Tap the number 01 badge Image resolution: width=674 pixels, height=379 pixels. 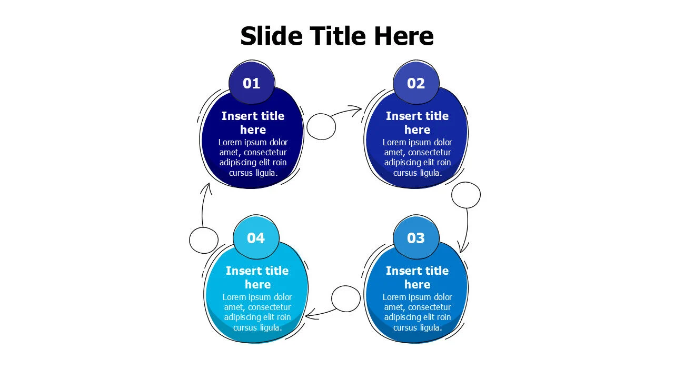point(252,83)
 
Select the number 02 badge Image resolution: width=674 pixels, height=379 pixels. point(416,83)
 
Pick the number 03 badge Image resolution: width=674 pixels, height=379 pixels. point(416,237)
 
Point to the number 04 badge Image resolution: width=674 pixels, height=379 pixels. point(256,237)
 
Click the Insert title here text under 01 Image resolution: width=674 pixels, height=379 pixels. point(253,123)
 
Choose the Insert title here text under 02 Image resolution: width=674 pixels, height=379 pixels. point(417,123)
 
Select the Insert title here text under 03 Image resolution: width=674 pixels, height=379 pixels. point(417,277)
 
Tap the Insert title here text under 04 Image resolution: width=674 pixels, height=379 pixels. point(257,277)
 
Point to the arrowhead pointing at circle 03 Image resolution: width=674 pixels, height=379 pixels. point(463,247)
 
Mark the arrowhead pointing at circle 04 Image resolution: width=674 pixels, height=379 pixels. point(310,315)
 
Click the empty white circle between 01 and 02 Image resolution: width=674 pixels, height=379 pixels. point(321,127)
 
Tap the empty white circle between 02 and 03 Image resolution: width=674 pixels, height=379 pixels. point(466,195)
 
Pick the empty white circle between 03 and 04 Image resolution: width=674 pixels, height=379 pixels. point(346,298)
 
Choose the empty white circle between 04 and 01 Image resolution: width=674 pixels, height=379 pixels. point(204,241)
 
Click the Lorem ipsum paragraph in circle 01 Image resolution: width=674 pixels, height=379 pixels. point(253,157)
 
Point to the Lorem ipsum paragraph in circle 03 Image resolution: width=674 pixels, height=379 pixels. point(417,312)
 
